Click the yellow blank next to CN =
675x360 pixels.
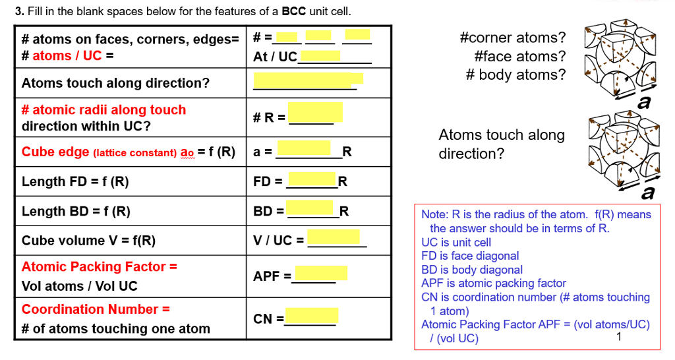point(312,315)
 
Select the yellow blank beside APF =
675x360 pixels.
point(321,273)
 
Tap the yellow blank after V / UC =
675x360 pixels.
point(334,237)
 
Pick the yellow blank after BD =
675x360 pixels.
point(310,207)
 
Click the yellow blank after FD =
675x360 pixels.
point(312,179)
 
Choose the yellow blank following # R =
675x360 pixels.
point(316,112)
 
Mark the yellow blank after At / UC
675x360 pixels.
point(320,55)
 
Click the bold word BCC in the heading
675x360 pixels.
point(293,11)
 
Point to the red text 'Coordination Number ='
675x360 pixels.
point(96,309)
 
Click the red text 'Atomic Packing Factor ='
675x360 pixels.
point(100,266)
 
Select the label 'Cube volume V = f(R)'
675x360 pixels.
point(89,240)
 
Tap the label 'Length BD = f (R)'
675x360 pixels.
point(76,211)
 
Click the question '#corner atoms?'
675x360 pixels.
point(513,38)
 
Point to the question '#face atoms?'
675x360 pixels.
point(520,56)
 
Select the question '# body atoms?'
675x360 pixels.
point(515,75)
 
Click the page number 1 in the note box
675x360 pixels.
point(618,337)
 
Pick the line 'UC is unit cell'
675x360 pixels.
point(456,243)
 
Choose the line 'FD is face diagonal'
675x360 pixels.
point(470,256)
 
